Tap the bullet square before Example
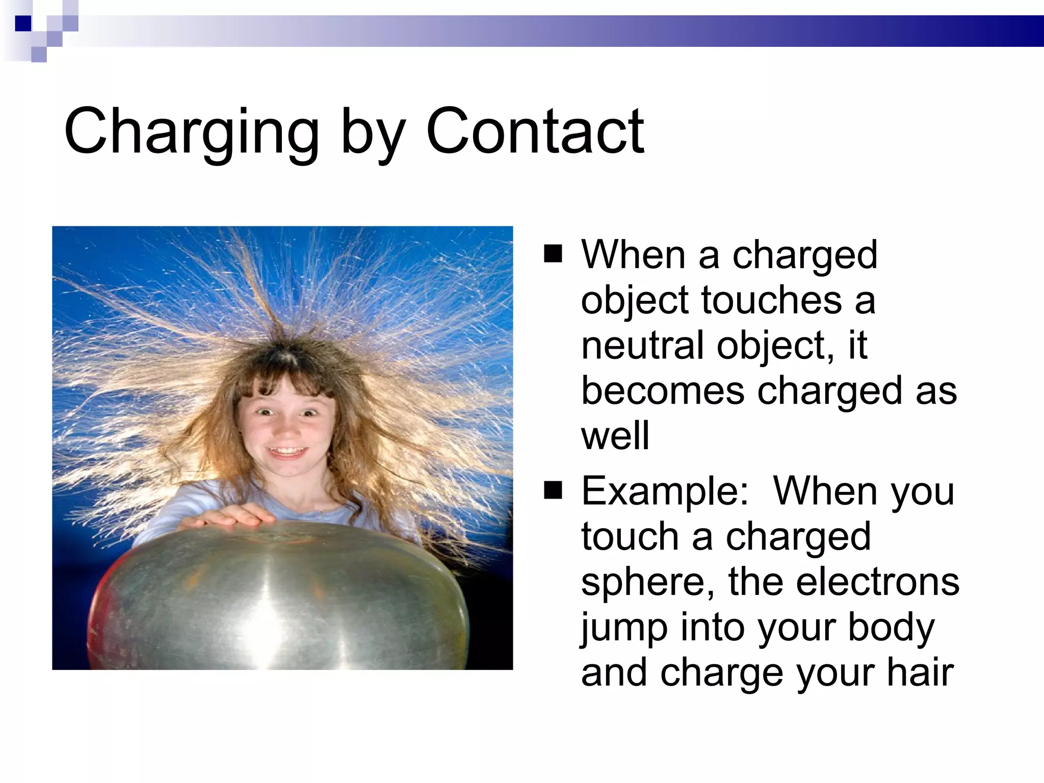coord(553,491)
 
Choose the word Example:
coord(665,491)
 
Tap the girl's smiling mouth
coord(289,452)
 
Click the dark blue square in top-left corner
coord(23,23)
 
